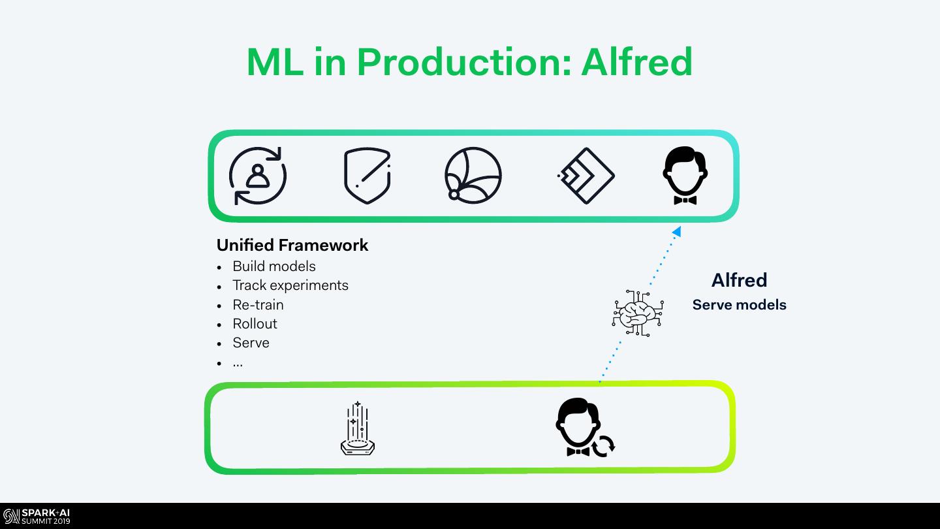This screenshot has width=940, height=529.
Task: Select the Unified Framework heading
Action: coord(292,245)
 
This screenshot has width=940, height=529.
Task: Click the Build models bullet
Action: coord(274,266)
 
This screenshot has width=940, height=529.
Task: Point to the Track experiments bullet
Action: coord(290,285)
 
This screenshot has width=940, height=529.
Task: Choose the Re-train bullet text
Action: coord(258,304)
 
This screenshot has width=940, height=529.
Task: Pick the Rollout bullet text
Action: coord(255,324)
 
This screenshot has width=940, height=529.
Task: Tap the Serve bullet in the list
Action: coord(251,343)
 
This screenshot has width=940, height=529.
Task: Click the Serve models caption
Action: coord(739,305)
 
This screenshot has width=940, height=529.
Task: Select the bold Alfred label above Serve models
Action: coord(739,280)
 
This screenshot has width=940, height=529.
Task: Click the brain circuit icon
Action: coord(638,313)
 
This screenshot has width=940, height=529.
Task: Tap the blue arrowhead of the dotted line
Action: coord(677,231)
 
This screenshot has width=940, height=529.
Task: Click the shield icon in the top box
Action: coord(367,176)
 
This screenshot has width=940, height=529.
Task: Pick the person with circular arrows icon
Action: coord(258,176)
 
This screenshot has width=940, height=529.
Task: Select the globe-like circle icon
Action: coord(473,176)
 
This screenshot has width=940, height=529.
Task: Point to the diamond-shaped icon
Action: coord(586,176)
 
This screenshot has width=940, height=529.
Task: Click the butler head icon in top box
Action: coord(685,175)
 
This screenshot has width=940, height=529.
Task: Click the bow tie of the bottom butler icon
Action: coord(578,451)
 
